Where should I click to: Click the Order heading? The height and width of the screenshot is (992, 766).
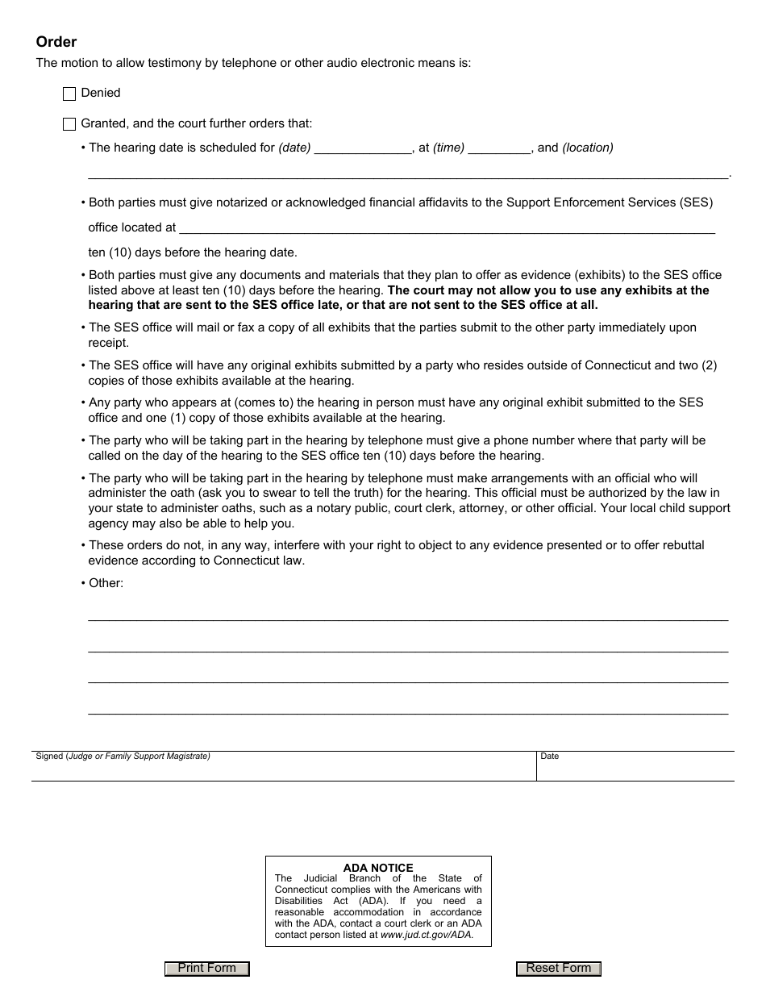56,42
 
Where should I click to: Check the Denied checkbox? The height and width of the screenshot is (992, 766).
69,94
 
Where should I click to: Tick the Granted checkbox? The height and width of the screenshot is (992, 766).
69,124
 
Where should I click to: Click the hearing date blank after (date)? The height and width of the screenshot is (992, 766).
363,148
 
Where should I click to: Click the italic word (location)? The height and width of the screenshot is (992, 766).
588,148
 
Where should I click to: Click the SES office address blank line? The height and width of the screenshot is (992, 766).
446,228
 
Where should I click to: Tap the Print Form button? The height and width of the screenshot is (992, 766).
207,969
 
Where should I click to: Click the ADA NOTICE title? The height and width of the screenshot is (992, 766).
378,868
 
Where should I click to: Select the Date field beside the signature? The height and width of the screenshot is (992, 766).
635,769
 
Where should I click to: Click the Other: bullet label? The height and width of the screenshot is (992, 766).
106,583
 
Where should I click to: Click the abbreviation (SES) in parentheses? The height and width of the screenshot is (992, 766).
696,202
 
